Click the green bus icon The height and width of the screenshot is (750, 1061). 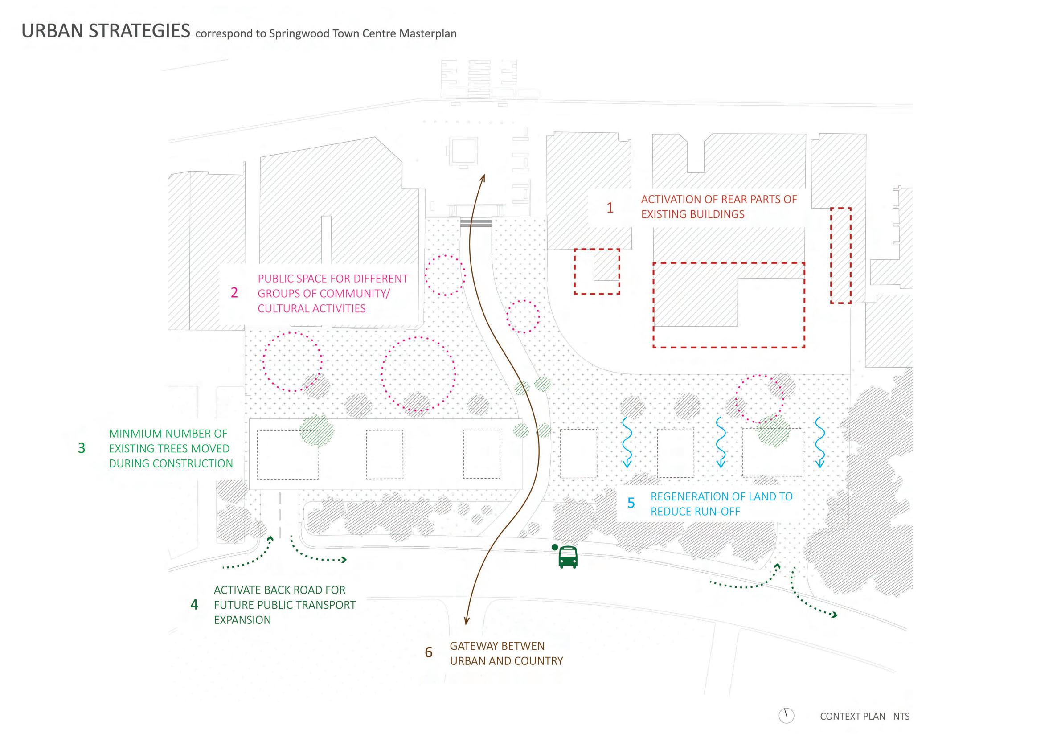567,557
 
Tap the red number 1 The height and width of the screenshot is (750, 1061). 610,208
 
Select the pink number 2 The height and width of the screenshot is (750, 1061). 234,292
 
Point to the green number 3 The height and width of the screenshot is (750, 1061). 82,448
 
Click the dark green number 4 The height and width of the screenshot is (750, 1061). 194,604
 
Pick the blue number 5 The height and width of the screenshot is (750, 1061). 631,503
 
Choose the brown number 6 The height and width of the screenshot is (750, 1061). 428,652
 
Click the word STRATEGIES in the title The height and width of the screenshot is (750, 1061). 139,31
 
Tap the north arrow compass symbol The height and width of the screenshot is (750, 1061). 786,716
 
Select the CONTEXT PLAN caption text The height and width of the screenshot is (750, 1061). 852,716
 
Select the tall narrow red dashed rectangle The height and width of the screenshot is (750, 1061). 840,255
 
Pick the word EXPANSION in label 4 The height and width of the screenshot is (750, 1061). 242,620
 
